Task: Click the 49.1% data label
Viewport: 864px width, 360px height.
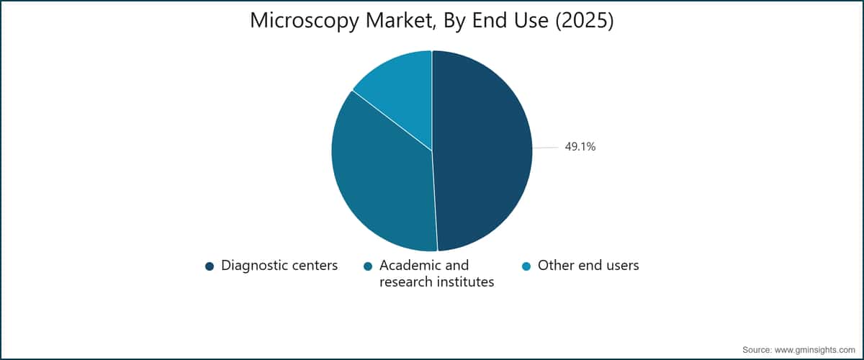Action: click(x=580, y=147)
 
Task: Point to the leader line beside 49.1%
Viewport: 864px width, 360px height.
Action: click(x=546, y=148)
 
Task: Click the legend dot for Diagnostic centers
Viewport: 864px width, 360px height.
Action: click(x=210, y=266)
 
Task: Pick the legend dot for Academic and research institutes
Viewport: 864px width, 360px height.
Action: click(x=368, y=266)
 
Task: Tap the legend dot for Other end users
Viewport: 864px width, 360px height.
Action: click(x=526, y=266)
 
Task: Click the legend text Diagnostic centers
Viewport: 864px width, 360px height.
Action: click(x=279, y=266)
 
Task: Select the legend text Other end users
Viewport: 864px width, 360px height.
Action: click(x=588, y=266)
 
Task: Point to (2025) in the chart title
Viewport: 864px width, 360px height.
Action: click(x=585, y=20)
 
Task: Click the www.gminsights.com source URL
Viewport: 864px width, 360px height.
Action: click(x=815, y=350)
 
